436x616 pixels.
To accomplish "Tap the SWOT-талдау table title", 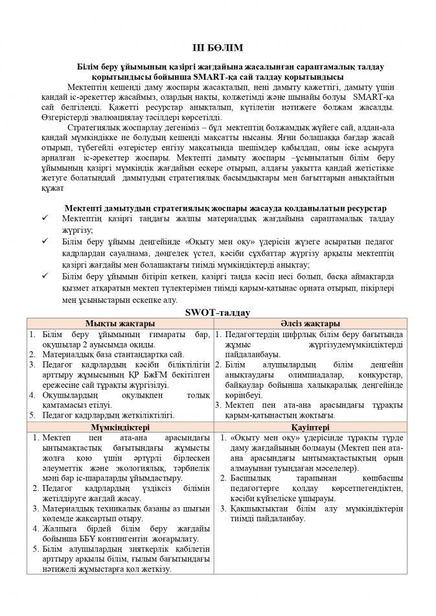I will (x=218, y=313).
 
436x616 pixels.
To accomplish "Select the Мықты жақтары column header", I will (x=119, y=323).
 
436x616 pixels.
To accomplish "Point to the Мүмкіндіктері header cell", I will (x=119, y=427).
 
